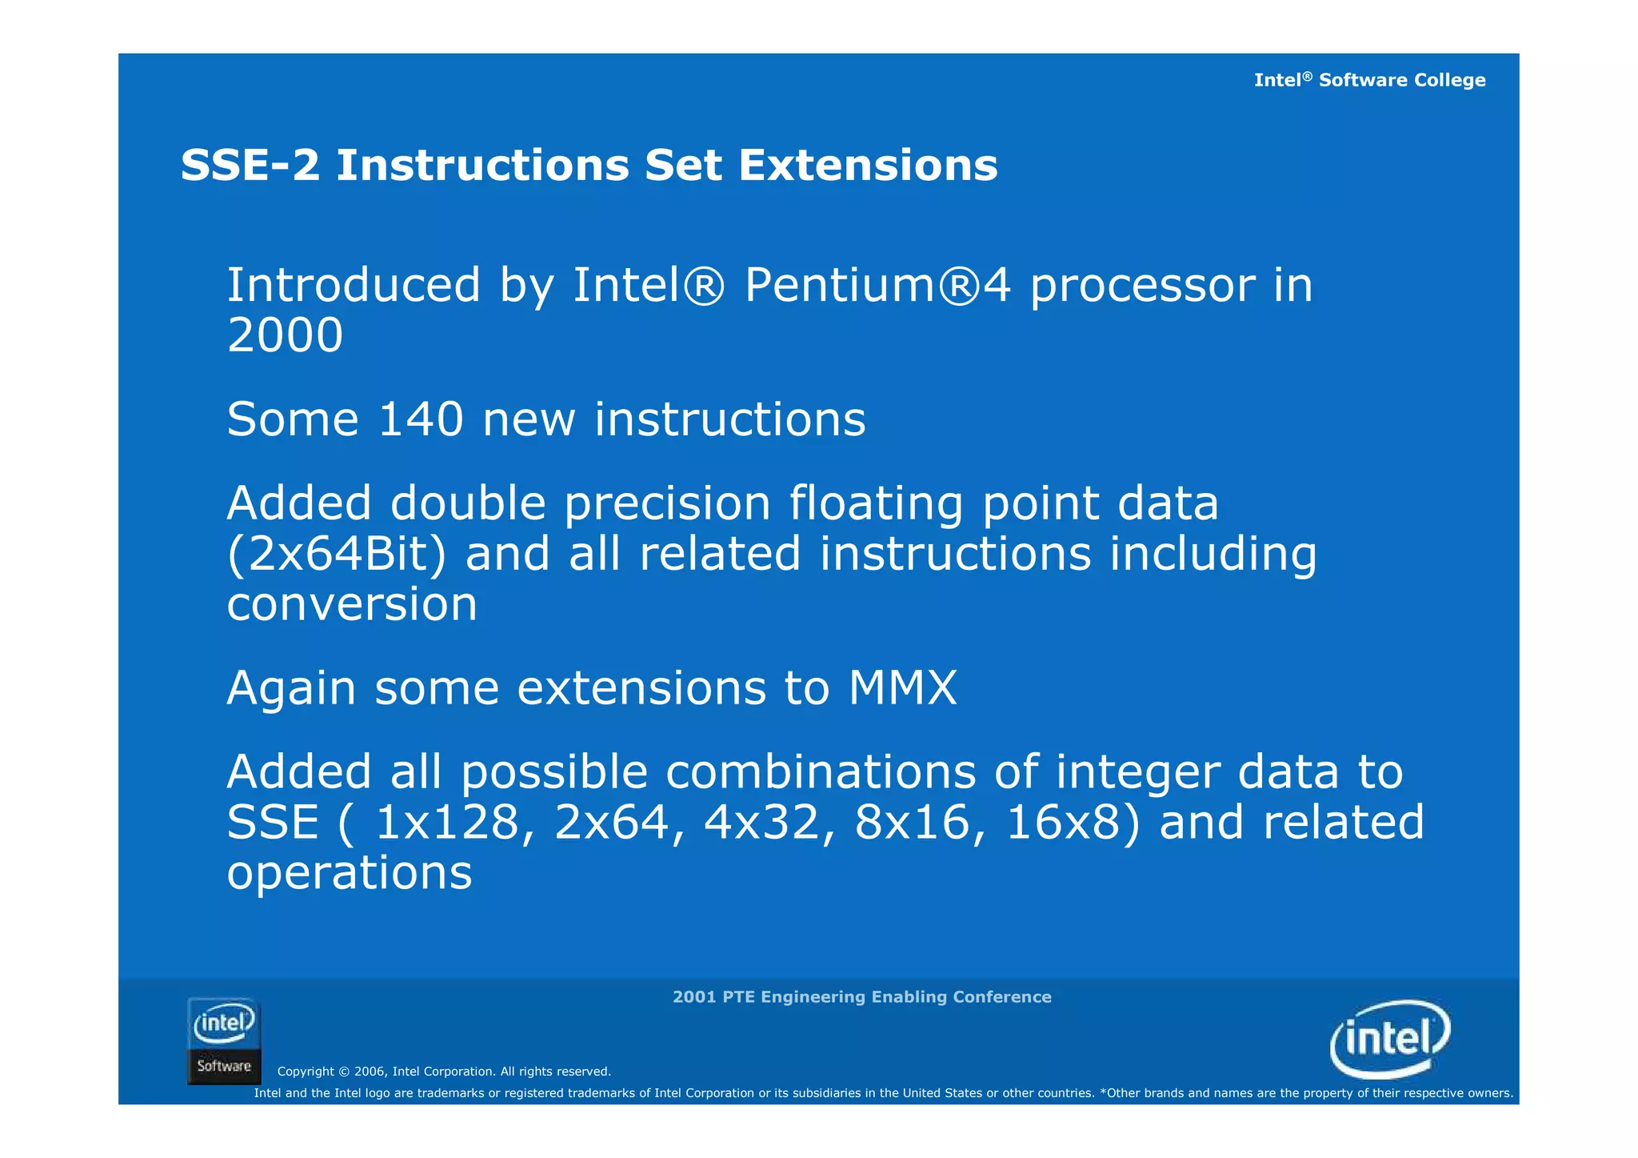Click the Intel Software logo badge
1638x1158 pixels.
[x=224, y=1040]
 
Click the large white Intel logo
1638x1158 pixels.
[x=1390, y=1038]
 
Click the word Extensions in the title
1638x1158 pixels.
[x=868, y=166]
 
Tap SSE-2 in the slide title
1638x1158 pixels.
[x=250, y=166]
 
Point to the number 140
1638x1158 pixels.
[x=420, y=419]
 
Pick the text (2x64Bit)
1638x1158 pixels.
[x=336, y=554]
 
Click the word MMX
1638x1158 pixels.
[x=902, y=688]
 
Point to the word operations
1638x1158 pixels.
[x=350, y=873]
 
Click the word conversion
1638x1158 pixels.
[x=352, y=605]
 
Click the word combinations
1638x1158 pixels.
[x=821, y=772]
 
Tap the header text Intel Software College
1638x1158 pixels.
[x=1369, y=80]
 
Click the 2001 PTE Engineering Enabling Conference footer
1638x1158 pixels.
[x=861, y=997]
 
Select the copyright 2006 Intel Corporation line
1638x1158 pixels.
[x=444, y=1072]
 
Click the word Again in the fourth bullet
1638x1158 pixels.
[x=291, y=688]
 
